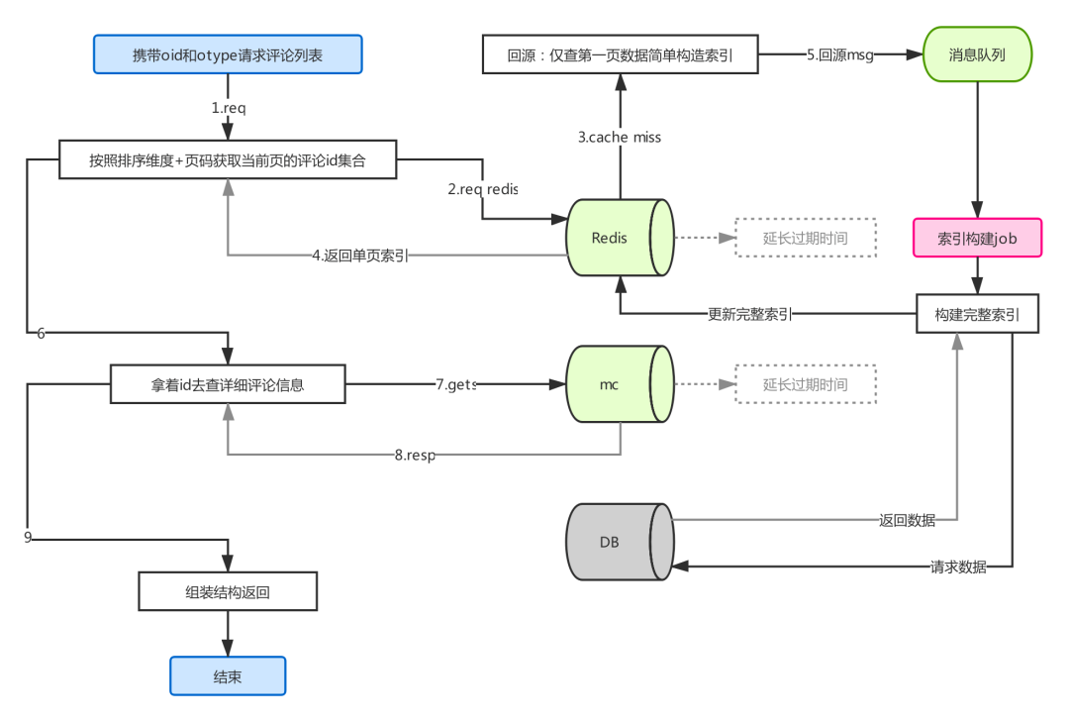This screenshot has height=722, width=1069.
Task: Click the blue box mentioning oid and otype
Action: (x=228, y=54)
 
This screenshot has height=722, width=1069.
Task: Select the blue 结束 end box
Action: (x=228, y=676)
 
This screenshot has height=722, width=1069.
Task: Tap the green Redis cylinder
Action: (x=620, y=238)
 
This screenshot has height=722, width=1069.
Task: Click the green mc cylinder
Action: (x=620, y=384)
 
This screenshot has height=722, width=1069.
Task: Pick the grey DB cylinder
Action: (x=620, y=542)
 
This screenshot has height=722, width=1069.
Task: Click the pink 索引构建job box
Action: (x=978, y=238)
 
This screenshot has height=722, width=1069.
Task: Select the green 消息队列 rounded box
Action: (x=978, y=54)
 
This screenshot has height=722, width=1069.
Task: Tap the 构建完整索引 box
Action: (x=978, y=314)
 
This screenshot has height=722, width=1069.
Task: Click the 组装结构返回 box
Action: (x=228, y=591)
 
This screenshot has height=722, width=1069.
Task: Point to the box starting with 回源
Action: (x=621, y=54)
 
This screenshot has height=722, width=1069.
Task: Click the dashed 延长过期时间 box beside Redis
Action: (x=806, y=238)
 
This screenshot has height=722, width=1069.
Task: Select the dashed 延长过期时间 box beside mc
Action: (x=806, y=384)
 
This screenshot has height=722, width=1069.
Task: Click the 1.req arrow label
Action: (x=229, y=108)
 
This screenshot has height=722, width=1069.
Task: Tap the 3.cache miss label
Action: (x=620, y=137)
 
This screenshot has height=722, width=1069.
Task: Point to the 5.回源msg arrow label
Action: (x=840, y=54)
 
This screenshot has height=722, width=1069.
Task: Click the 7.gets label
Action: (x=456, y=384)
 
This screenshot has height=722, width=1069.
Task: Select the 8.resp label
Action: (x=415, y=455)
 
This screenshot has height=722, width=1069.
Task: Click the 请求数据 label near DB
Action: (x=958, y=567)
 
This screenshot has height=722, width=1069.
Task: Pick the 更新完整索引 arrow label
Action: (x=750, y=314)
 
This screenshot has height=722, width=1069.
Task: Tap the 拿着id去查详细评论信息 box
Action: (x=228, y=384)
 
